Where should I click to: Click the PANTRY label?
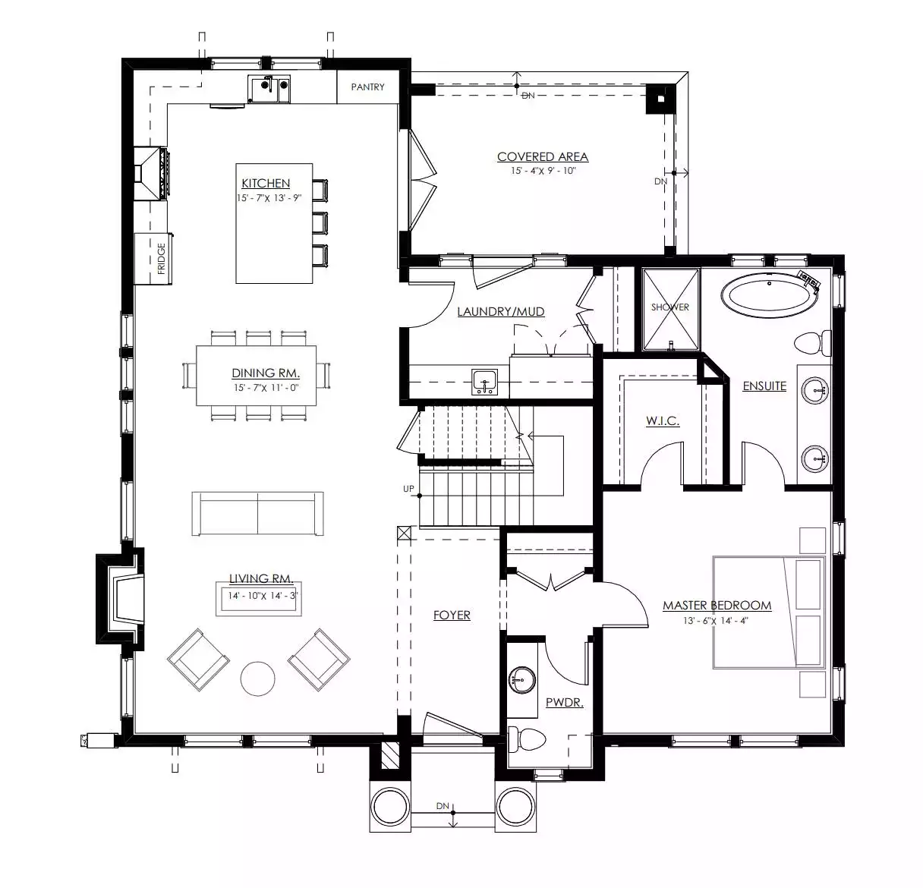pyautogui.click(x=367, y=87)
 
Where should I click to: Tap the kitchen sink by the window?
pyautogui.click(x=269, y=89)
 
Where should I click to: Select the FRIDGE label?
pyautogui.click(x=161, y=259)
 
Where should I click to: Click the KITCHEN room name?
pyautogui.click(x=266, y=183)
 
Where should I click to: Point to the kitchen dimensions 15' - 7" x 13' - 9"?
pyautogui.click(x=269, y=198)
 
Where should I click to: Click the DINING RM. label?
pyautogui.click(x=266, y=373)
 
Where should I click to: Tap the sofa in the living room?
pyautogui.click(x=257, y=514)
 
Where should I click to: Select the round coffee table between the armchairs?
pyautogui.click(x=257, y=679)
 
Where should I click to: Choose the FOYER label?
pyautogui.click(x=452, y=616)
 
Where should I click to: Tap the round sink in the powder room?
pyautogui.click(x=522, y=680)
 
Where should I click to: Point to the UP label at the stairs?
pyautogui.click(x=408, y=489)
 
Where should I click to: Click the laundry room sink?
pyautogui.click(x=485, y=381)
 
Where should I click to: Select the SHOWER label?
pyautogui.click(x=669, y=307)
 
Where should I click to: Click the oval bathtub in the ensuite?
pyautogui.click(x=770, y=295)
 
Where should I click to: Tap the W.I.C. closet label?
pyautogui.click(x=663, y=420)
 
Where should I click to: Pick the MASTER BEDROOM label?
pyautogui.click(x=717, y=606)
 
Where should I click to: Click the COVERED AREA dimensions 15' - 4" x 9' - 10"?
pyautogui.click(x=543, y=171)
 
